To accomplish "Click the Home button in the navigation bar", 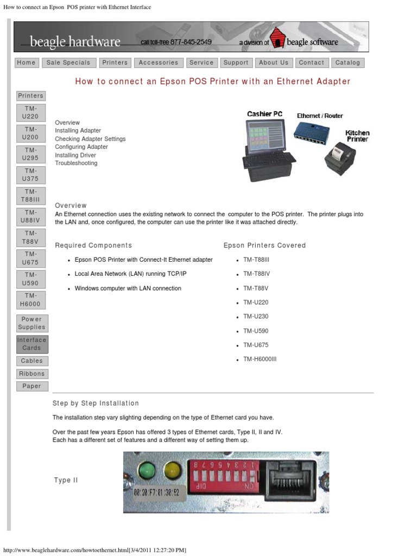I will point(26,62).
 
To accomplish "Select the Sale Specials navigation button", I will point(68,62).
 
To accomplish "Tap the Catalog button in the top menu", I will point(347,62).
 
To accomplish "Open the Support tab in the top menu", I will point(236,62).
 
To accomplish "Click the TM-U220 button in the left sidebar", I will point(31,112).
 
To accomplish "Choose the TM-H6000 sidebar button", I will point(31,300).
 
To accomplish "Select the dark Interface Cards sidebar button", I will point(31,344).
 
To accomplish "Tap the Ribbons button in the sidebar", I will point(31,374).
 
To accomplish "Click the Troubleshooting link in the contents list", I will point(76,163).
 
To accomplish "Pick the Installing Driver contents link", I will point(75,155).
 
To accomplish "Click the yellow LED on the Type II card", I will point(172,469).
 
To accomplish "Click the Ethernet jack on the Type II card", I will point(289,480).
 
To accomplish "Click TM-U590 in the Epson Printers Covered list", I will point(256,331).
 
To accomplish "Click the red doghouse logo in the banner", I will point(278,39).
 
